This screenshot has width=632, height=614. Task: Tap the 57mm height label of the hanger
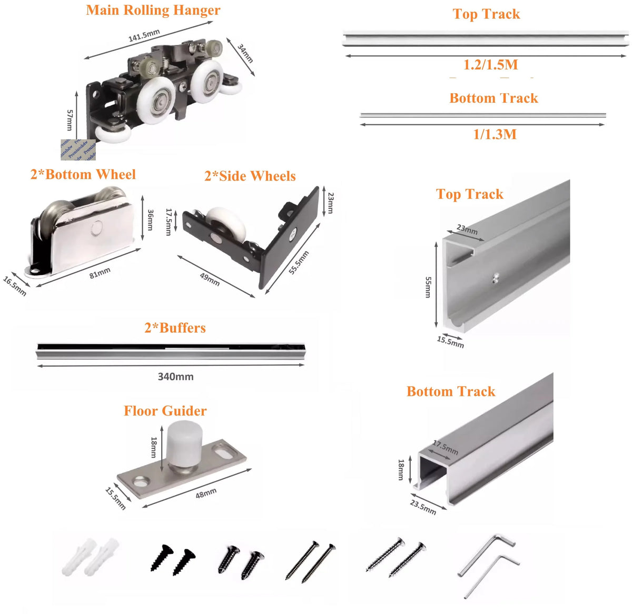[70, 120]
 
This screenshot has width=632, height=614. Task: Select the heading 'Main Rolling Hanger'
[153, 10]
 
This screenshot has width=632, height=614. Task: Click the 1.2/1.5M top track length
[490, 65]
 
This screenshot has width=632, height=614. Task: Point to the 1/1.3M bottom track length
[495, 134]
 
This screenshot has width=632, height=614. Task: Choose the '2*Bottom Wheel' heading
[83, 174]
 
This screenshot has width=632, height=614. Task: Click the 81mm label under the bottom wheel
[100, 273]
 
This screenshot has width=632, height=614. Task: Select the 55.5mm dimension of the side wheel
[299, 262]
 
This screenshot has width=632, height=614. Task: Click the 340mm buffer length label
[175, 377]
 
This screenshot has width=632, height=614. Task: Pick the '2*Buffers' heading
[175, 328]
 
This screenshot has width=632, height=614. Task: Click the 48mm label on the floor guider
[206, 493]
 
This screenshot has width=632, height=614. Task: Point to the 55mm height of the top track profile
[428, 287]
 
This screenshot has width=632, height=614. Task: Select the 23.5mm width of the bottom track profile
[423, 507]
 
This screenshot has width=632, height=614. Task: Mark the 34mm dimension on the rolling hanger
[245, 53]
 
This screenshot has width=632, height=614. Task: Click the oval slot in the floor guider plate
[226, 451]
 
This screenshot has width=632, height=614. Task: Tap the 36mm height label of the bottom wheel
[150, 220]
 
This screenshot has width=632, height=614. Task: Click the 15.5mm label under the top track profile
[450, 342]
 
